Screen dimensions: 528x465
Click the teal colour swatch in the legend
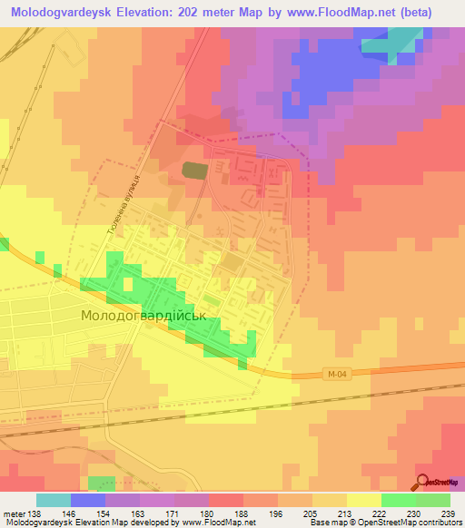(53, 500)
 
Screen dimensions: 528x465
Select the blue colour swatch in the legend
(87, 500)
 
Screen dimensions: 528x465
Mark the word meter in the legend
(13, 513)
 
